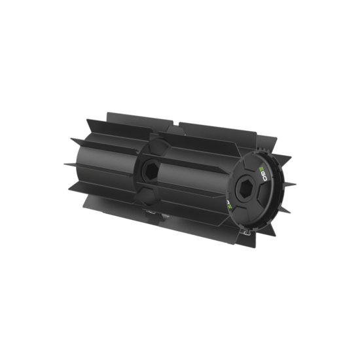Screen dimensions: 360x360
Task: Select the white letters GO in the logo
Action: (264, 177)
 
